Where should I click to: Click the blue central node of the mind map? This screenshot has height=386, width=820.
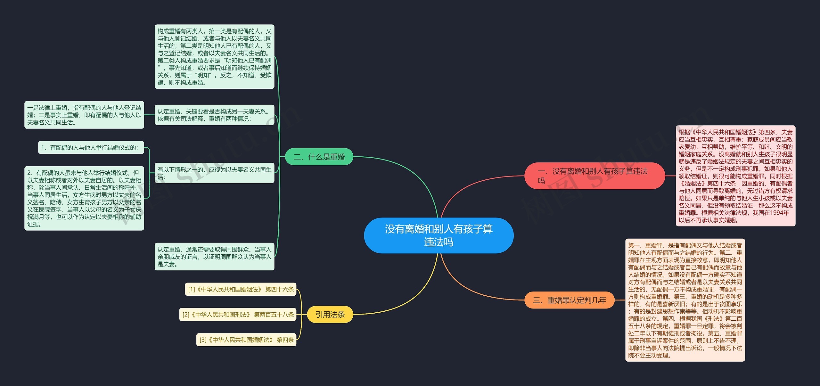coord(439,235)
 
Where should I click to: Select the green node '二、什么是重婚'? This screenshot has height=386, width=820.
coord(319,157)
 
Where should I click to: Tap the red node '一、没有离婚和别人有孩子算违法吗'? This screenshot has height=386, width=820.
coord(594,176)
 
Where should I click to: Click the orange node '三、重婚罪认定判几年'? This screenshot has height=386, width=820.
coord(569,300)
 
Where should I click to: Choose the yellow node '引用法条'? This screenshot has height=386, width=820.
coord(330,314)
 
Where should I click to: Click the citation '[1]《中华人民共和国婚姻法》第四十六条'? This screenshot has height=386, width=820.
coord(241,289)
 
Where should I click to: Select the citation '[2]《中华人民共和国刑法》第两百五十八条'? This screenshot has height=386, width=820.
coord(238,315)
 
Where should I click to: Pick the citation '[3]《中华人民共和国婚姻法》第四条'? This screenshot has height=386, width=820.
coord(246,340)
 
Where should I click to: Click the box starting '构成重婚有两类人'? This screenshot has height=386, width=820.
coord(215,57)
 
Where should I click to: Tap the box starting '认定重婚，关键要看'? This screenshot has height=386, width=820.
coord(215,115)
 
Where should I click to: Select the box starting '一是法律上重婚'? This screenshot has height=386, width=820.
coord(84,115)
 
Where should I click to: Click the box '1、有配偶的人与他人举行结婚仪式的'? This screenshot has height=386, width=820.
coord(91,147)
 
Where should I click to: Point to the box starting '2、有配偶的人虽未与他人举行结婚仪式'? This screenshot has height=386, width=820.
coord(84,198)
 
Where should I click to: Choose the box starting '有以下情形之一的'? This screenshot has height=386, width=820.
coord(215,173)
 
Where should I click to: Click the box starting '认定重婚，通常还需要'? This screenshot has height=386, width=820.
coord(215,257)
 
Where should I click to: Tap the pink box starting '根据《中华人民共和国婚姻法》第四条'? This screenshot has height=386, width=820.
coord(736,176)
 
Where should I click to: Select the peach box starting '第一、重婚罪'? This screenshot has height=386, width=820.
coord(685,300)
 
